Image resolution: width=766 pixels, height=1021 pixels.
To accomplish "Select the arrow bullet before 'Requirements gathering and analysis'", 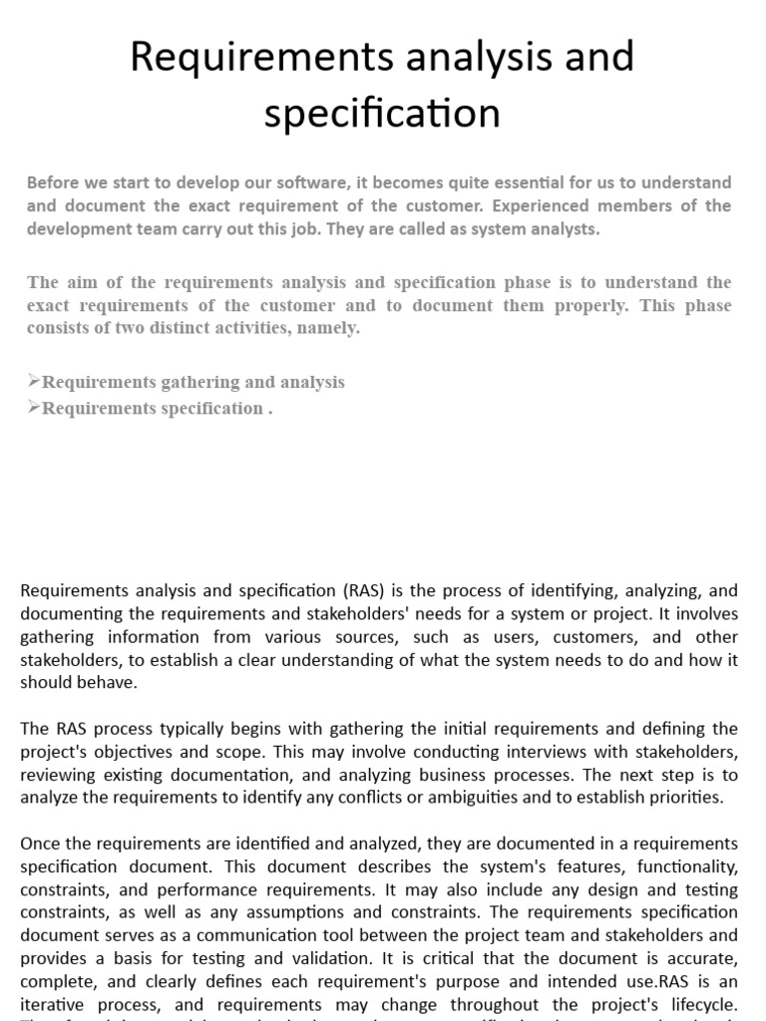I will pos(34,382).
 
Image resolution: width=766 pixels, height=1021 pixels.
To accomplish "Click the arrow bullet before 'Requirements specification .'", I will pos(34,408).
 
